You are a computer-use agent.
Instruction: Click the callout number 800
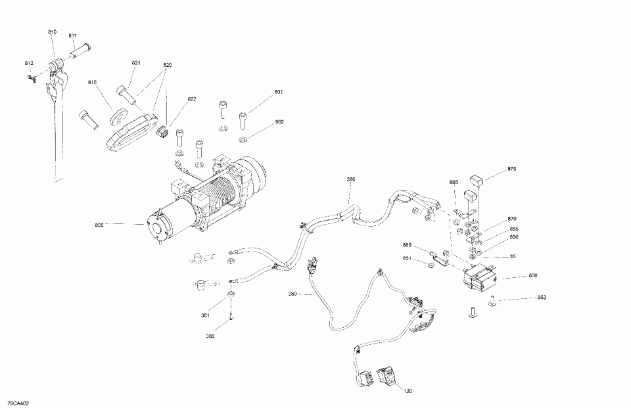pyautogui.click(x=99, y=225)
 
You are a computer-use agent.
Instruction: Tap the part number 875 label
pyautogui.click(x=512, y=170)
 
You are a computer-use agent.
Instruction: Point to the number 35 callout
pyautogui.click(x=511, y=256)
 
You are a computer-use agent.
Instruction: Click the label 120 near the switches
pyautogui.click(x=408, y=392)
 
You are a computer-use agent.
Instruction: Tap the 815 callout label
pyautogui.click(x=92, y=82)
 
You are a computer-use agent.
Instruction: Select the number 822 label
pyautogui.click(x=192, y=99)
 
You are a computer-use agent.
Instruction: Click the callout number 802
pyautogui.click(x=279, y=122)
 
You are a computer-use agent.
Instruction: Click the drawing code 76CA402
pyautogui.click(x=18, y=402)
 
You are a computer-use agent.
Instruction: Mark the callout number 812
pyautogui.click(x=29, y=63)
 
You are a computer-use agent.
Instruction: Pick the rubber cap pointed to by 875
pyautogui.click(x=477, y=179)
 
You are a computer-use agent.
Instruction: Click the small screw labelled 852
pyautogui.click(x=492, y=302)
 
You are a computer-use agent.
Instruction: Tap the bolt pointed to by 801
pyautogui.click(x=244, y=120)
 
